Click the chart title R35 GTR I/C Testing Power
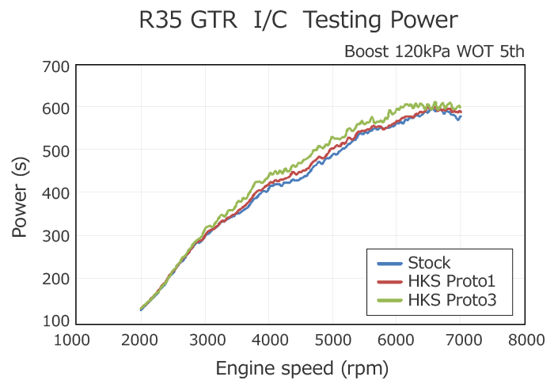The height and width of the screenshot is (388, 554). click(x=298, y=21)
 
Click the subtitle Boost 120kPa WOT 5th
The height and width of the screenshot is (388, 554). click(x=434, y=52)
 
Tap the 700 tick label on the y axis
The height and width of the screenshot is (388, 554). click(x=55, y=66)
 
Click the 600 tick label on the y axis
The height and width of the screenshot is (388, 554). click(x=55, y=108)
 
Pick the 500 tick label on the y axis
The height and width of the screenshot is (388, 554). click(x=55, y=150)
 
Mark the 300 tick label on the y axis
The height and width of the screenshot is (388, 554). click(x=55, y=236)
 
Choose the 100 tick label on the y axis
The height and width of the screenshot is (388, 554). click(x=55, y=321)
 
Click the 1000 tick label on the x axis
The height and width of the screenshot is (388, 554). click(x=76, y=340)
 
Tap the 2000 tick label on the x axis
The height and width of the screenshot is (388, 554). click(x=141, y=340)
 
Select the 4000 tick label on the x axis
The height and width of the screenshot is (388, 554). click(x=271, y=340)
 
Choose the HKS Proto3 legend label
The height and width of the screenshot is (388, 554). click(x=452, y=299)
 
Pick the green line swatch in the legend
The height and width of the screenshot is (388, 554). click(x=389, y=299)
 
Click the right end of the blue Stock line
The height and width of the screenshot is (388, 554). click(x=461, y=116)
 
